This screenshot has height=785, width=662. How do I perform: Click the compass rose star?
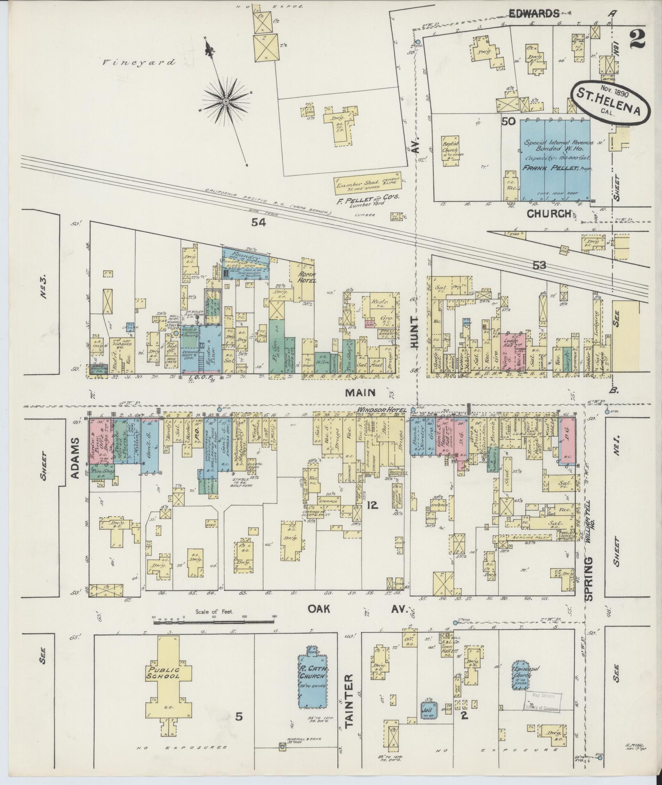pyautogui.click(x=226, y=101)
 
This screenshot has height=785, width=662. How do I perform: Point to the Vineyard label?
pyautogui.click(x=139, y=62)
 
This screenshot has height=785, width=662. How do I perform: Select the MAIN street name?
pyautogui.click(x=360, y=393)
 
